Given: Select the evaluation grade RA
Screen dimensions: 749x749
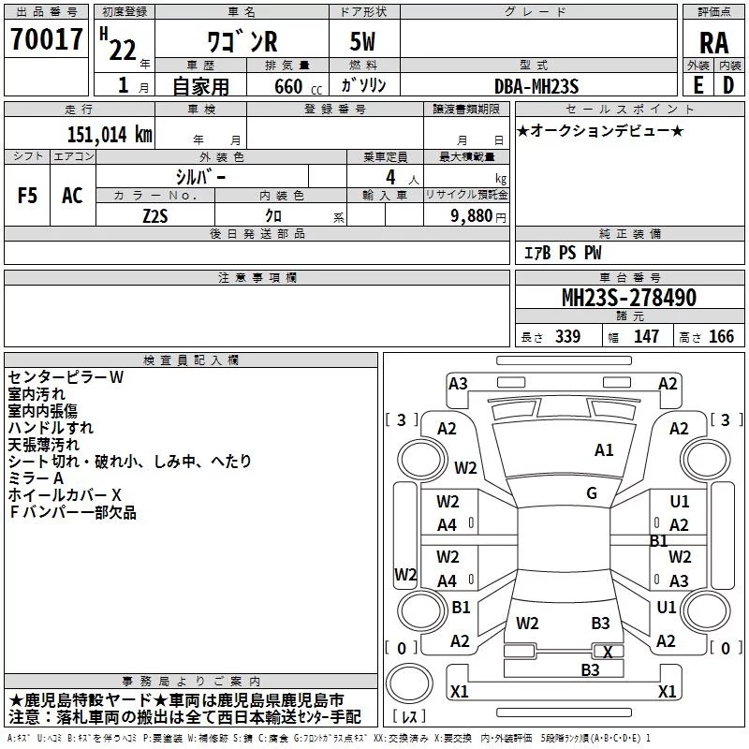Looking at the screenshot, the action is tap(713, 41).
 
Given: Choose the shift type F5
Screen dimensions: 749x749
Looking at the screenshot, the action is tap(27, 196).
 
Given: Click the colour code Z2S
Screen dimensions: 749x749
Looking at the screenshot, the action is tap(155, 214).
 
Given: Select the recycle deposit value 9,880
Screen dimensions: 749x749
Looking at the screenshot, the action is tap(477, 214).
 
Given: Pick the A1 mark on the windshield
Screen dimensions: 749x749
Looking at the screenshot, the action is tap(604, 450).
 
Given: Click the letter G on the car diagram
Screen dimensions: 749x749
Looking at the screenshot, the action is tap(592, 493).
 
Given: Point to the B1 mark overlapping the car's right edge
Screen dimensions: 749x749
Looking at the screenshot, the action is tap(659, 540).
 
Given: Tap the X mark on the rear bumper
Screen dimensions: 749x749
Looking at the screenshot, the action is tap(609, 652).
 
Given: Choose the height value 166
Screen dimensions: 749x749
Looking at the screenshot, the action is tap(721, 337).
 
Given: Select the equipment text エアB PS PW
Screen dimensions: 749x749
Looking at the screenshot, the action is tap(562, 253).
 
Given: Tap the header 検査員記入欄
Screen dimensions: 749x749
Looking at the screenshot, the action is tap(191, 360).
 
